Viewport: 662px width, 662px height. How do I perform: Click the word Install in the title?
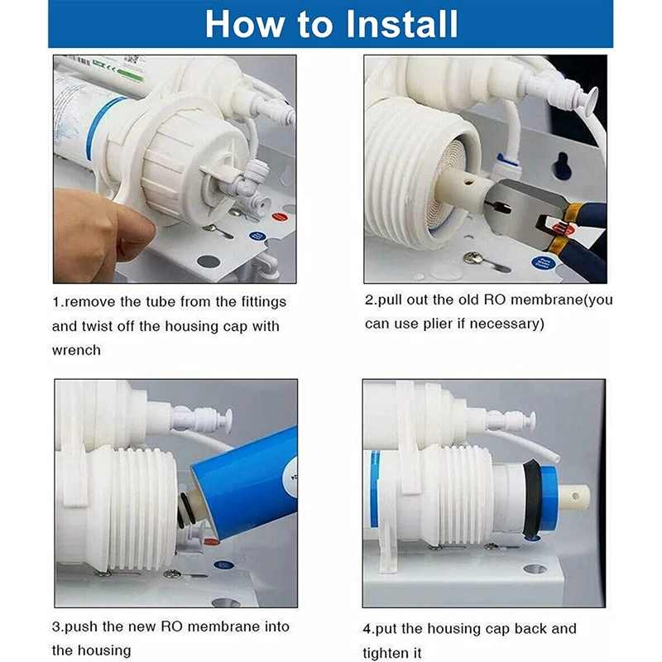402,24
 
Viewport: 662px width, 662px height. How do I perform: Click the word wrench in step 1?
76,350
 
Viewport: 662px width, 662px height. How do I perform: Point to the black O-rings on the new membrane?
185,511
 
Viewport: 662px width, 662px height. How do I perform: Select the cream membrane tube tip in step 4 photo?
574,496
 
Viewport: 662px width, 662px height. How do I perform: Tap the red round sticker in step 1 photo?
279,217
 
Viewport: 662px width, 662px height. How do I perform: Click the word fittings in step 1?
264,302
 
